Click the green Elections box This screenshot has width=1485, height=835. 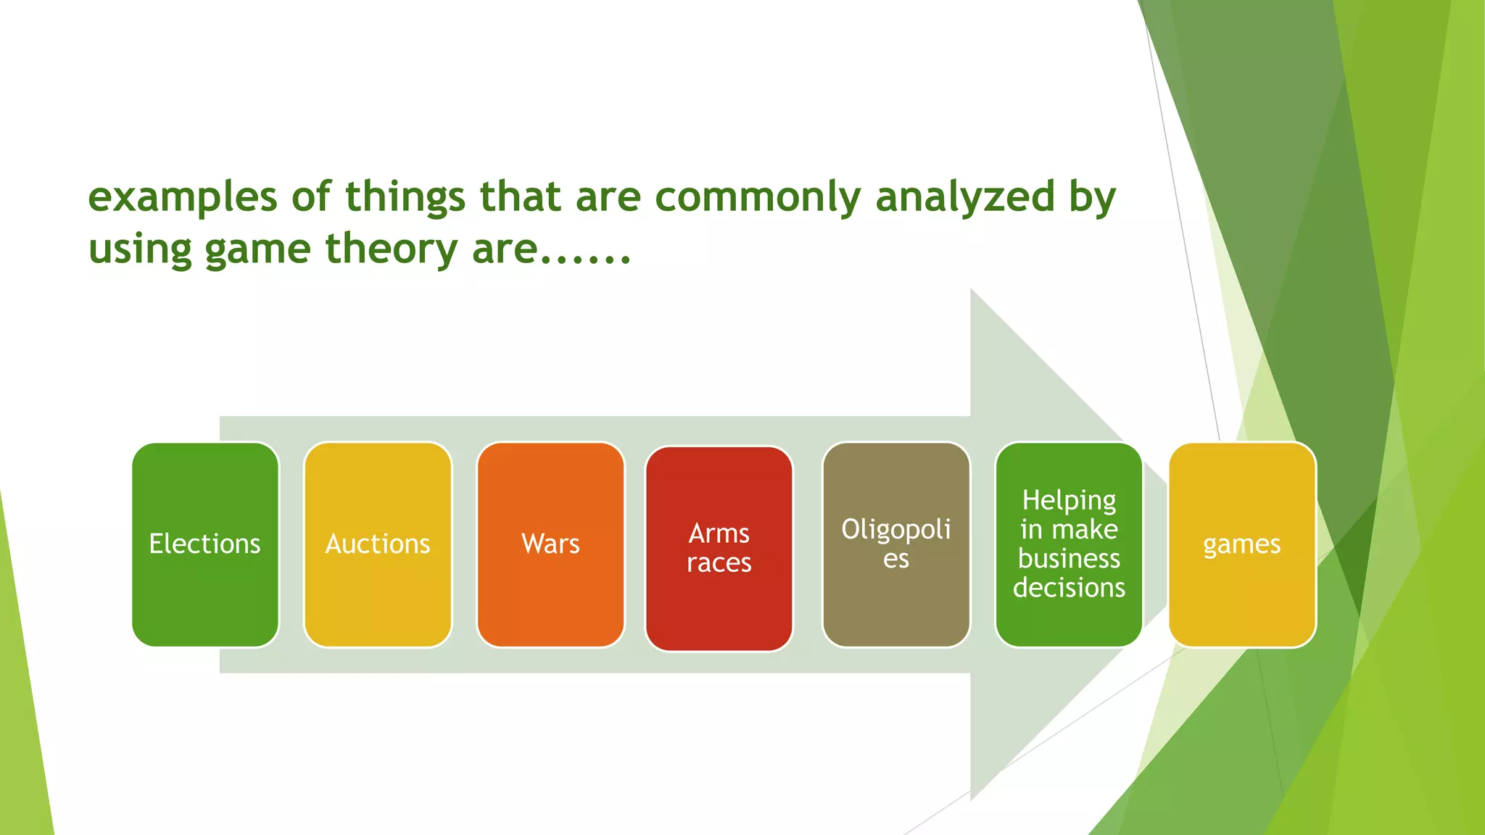point(205,544)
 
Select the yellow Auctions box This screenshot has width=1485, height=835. point(378,544)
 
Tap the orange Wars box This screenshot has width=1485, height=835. point(550,544)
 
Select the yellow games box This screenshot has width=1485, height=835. point(1242,544)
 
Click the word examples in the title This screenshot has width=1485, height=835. point(183,198)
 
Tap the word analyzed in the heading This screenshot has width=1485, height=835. point(965,198)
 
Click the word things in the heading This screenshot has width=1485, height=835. point(405,198)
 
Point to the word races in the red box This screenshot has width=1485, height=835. point(719,563)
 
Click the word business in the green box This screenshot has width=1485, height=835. point(1069,559)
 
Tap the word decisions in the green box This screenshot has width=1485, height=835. point(1069,588)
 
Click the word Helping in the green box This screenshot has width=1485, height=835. point(1069,500)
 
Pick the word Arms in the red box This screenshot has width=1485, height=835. point(719,533)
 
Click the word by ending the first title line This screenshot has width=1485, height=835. point(1093,198)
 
